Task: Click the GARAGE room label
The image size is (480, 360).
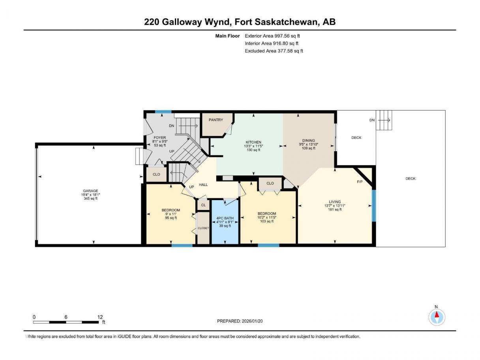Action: point(90,191)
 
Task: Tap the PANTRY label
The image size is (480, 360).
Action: point(216,120)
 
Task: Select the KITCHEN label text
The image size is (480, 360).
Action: point(253,142)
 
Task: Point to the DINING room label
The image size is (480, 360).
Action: point(309,140)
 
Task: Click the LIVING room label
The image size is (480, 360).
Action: point(335,202)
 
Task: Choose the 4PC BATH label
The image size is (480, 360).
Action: point(225,218)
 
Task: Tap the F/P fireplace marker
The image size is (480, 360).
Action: point(360,182)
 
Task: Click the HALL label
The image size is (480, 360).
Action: point(203,185)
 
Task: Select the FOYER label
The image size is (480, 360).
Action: point(159,137)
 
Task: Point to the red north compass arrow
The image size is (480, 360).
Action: point(437,315)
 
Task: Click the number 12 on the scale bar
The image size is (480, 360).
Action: point(100,317)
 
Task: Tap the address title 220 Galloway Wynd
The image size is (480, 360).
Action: point(188,22)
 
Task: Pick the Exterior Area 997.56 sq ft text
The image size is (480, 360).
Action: point(272,36)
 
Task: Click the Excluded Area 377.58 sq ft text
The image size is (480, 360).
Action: point(274,51)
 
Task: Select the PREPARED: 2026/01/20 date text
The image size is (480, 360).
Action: point(240,321)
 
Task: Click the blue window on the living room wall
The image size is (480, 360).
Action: point(374,206)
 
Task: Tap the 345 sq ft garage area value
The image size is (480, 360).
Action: point(90,199)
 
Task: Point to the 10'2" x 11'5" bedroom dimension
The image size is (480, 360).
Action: point(267,217)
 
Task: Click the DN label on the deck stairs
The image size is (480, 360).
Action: point(372,120)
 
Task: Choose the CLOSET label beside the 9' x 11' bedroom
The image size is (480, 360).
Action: point(203,228)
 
